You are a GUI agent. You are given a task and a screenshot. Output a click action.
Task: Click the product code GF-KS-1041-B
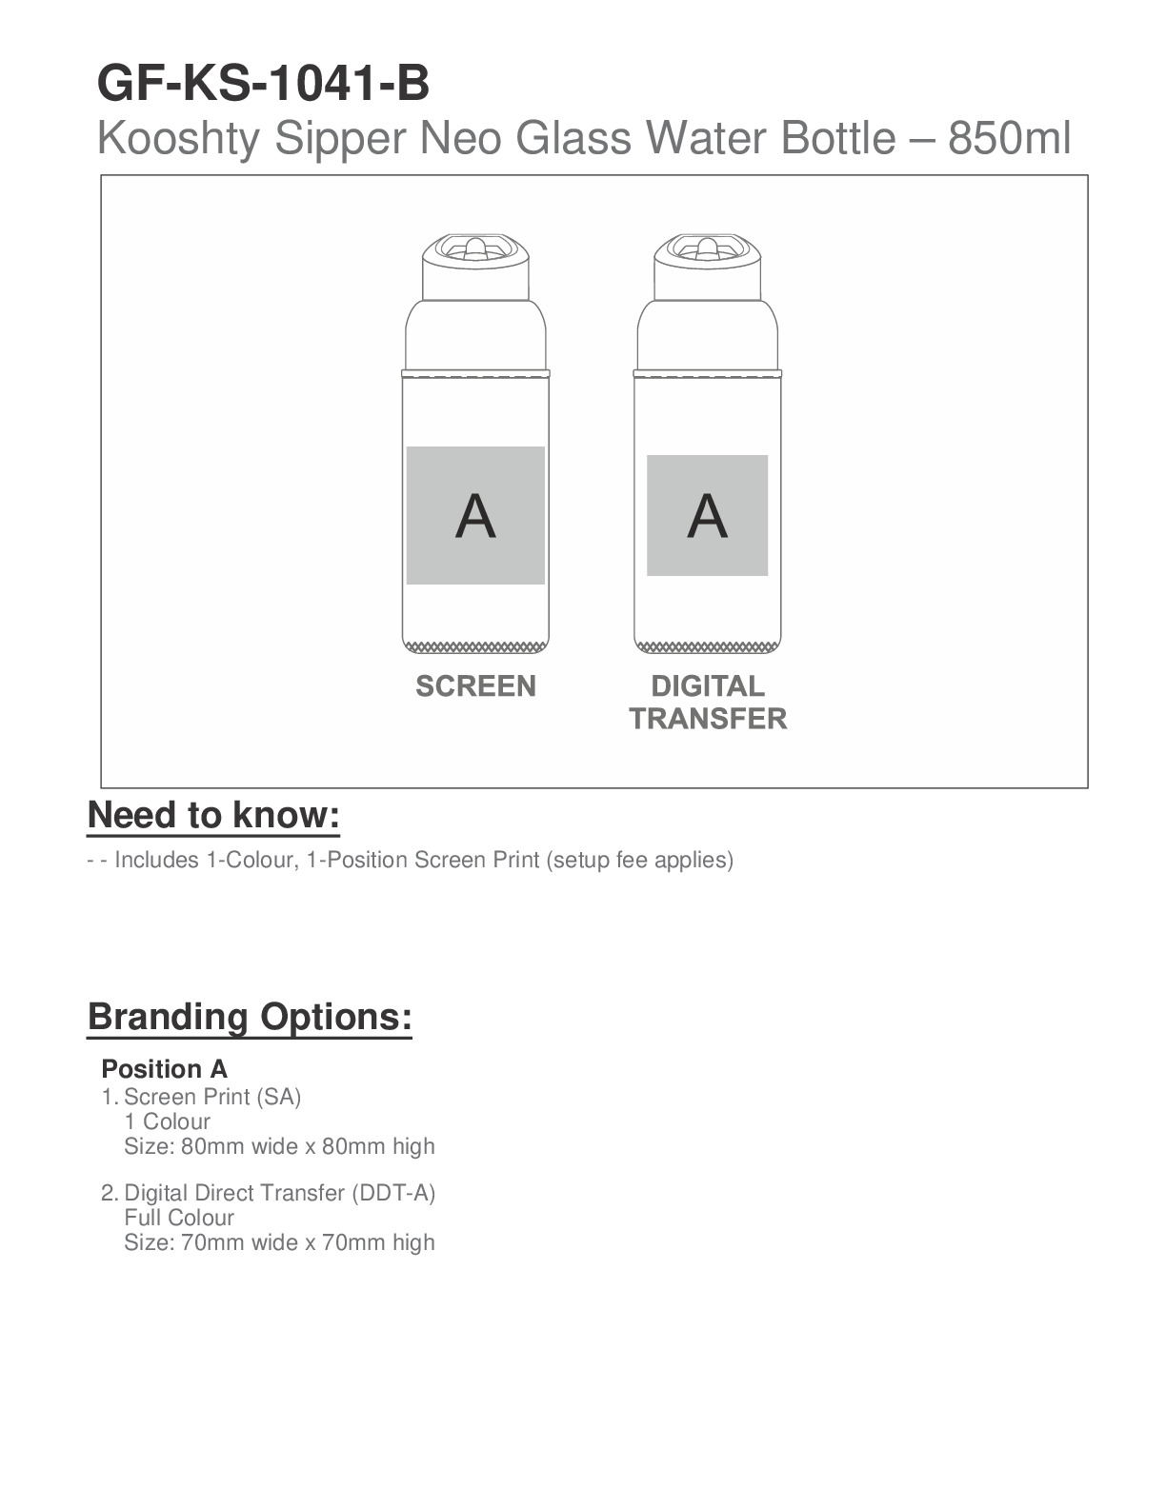(x=263, y=84)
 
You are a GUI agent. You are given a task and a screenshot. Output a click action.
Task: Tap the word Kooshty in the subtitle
(x=178, y=139)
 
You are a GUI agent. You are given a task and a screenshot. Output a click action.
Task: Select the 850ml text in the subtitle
(x=1010, y=139)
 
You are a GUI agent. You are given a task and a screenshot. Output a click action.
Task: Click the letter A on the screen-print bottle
(x=475, y=516)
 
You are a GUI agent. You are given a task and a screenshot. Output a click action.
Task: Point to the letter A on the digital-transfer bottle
(x=707, y=516)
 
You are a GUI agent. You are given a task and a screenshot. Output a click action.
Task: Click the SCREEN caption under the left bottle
(x=475, y=686)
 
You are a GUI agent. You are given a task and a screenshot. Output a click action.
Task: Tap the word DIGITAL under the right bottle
(x=707, y=686)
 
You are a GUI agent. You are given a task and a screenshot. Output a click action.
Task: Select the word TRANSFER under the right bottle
(x=708, y=719)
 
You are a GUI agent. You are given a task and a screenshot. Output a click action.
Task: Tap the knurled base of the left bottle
(x=475, y=647)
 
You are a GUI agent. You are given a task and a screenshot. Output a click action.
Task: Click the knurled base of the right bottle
(x=707, y=647)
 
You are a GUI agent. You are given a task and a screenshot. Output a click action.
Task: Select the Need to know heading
(x=213, y=816)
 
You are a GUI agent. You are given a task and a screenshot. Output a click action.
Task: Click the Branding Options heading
(x=250, y=1017)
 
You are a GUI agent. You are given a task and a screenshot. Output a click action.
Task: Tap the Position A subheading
(x=164, y=1069)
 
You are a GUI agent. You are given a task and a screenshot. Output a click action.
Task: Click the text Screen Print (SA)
(x=212, y=1097)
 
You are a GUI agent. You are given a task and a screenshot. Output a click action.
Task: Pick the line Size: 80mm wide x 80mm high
(x=279, y=1146)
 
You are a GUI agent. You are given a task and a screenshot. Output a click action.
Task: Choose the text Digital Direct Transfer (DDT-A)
(x=279, y=1193)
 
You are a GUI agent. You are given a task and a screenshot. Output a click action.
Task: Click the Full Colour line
(x=179, y=1218)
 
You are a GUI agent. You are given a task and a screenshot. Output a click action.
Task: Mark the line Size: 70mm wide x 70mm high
(x=279, y=1242)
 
